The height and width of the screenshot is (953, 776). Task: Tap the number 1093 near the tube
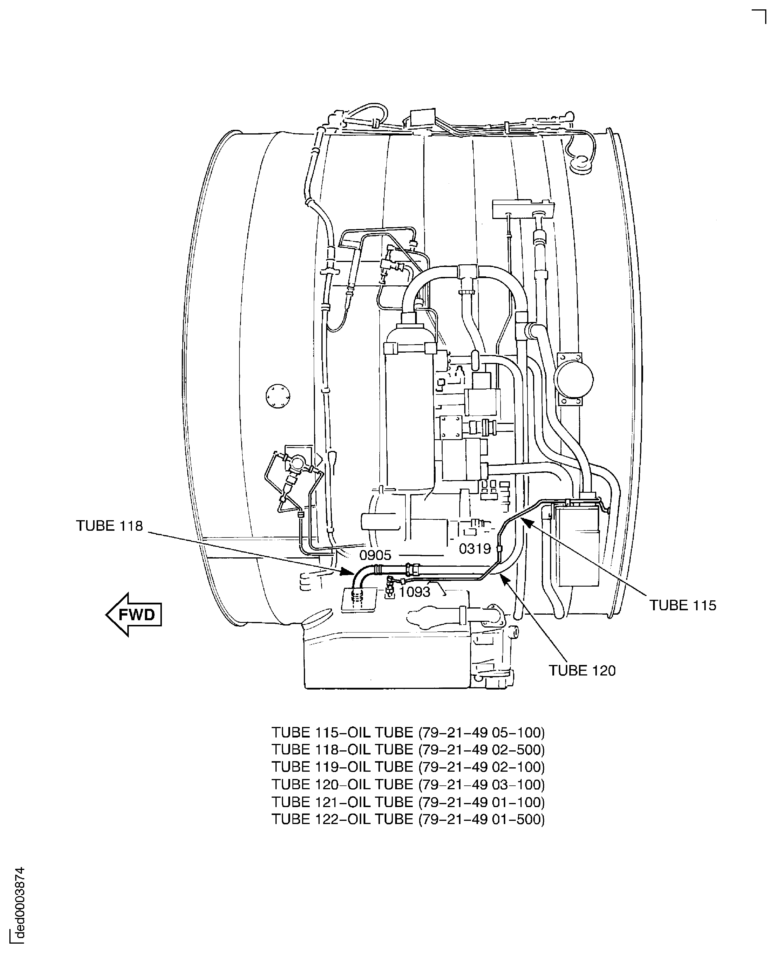(x=414, y=592)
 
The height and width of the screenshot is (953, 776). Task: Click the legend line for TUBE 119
(x=408, y=767)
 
